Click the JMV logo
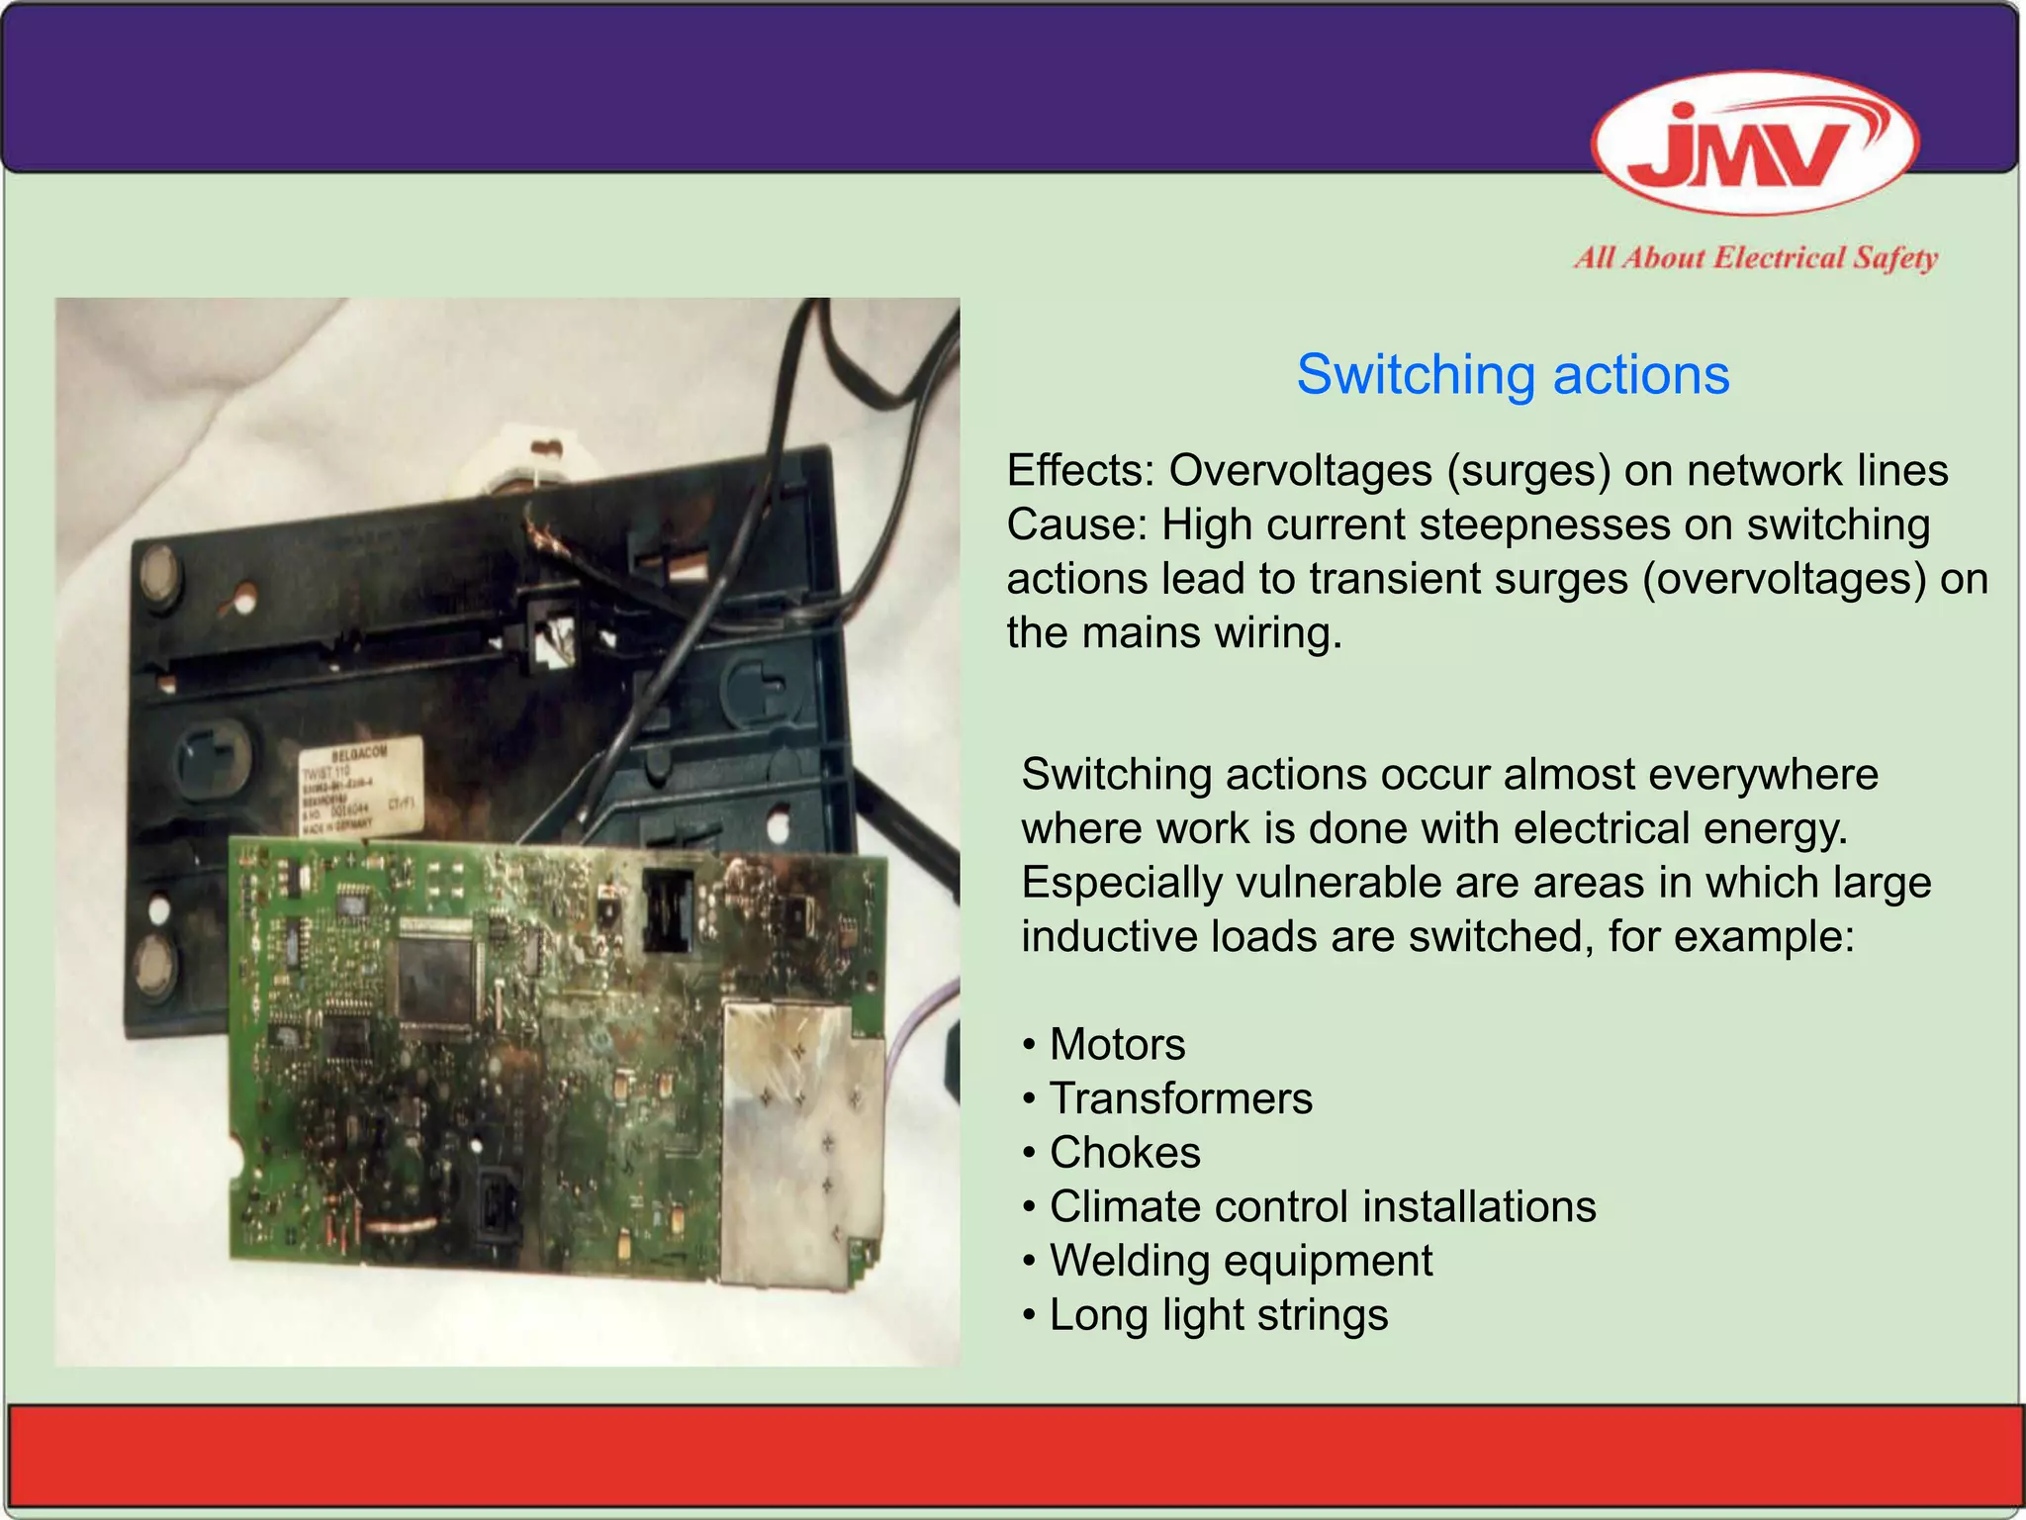click(1755, 142)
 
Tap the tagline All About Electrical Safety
click(1755, 258)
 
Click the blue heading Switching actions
click(1513, 375)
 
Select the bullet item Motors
click(1117, 1044)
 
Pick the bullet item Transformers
click(1180, 1098)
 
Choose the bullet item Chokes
click(1125, 1153)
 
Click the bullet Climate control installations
click(1323, 1206)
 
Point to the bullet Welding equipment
click(1241, 1261)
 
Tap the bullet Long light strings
click(1218, 1315)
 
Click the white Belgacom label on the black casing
click(361, 789)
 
